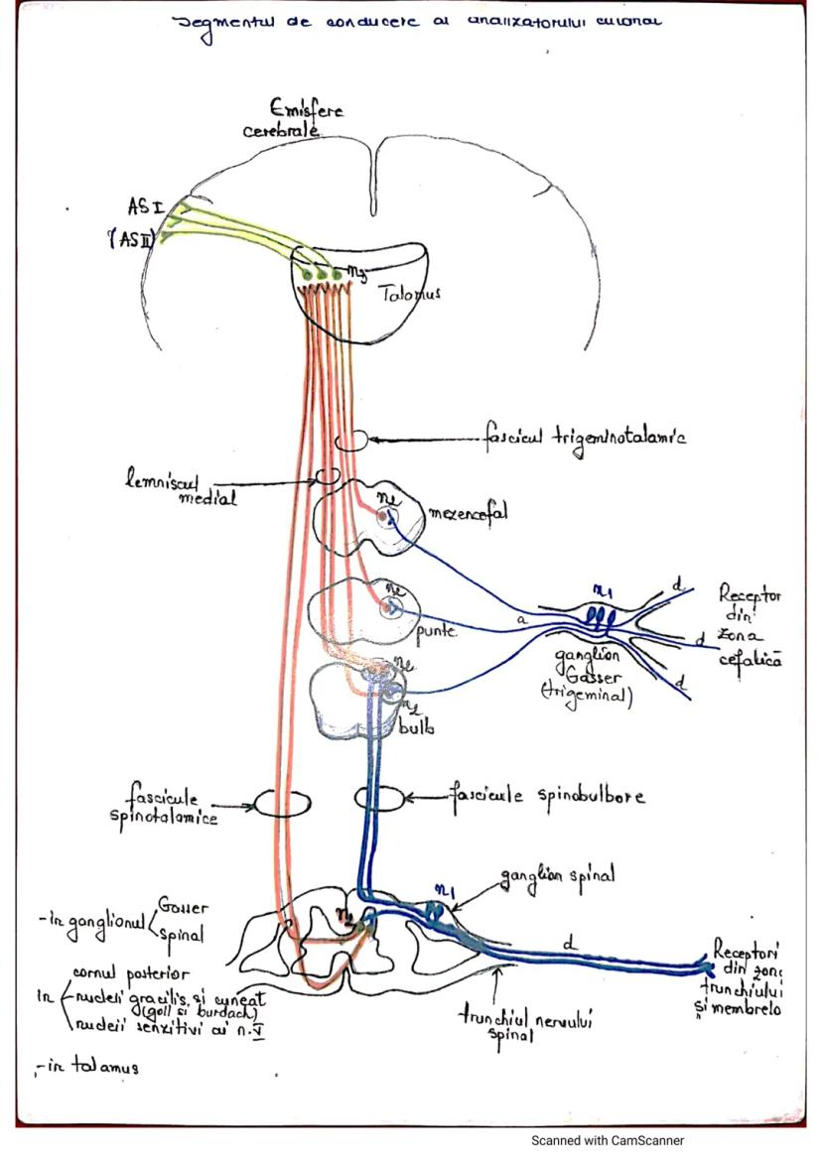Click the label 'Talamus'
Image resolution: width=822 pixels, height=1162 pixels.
[x=409, y=294]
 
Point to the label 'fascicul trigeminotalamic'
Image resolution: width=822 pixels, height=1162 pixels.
[x=585, y=437]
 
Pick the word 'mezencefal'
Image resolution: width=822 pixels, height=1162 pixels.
[x=468, y=514]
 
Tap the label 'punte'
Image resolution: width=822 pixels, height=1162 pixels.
[x=436, y=630]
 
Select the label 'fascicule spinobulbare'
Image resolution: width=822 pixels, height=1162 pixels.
[x=545, y=796]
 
